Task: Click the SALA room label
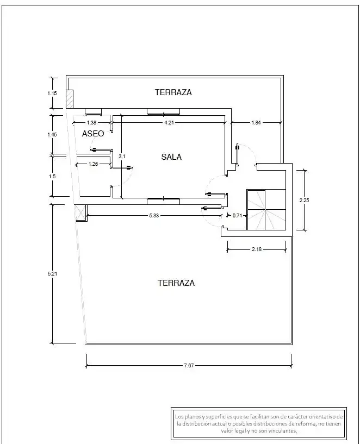click(171, 157)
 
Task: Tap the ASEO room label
click(93, 134)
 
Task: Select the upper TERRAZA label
click(173, 92)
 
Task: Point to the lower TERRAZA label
click(176, 283)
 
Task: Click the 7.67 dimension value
click(189, 366)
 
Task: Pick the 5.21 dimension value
click(52, 273)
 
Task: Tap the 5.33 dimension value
click(154, 216)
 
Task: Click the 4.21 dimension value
click(169, 123)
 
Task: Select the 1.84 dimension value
click(256, 123)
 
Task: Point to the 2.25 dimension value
click(304, 201)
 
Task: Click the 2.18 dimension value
click(257, 249)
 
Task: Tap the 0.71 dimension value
click(237, 216)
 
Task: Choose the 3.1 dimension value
click(122, 157)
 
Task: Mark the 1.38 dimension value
click(91, 123)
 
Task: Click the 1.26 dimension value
click(93, 164)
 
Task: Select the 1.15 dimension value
click(52, 93)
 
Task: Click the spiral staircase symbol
click(266, 210)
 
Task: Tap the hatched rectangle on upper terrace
click(70, 99)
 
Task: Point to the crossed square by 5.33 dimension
click(80, 212)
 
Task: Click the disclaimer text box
click(259, 423)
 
